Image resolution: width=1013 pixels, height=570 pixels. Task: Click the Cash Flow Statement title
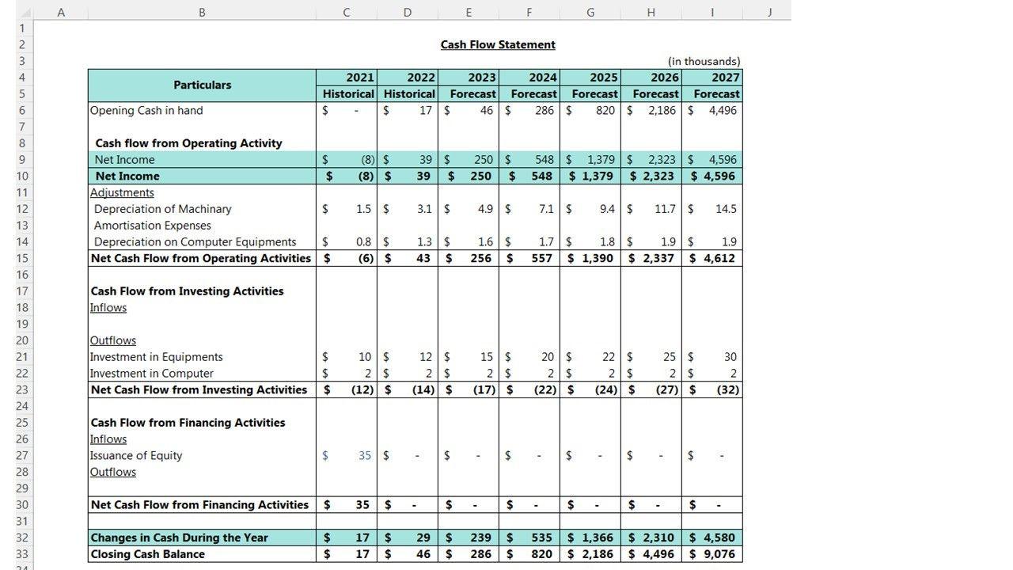pos(498,45)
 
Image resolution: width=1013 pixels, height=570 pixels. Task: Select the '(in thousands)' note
pos(704,61)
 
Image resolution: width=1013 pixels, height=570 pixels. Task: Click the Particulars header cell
pos(202,85)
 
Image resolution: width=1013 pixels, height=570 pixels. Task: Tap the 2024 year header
pos(542,78)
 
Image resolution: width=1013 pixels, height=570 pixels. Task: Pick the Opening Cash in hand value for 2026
pos(662,111)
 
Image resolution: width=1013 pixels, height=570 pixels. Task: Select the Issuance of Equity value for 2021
pos(364,456)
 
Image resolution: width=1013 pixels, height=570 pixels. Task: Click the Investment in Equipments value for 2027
pos(729,357)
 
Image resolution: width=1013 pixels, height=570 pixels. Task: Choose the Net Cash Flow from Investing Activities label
pos(199,389)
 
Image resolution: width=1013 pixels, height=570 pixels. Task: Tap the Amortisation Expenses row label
pos(152,226)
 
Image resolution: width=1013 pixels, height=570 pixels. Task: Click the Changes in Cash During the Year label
pos(180,538)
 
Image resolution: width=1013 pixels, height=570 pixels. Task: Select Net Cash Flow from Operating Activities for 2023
pos(480,258)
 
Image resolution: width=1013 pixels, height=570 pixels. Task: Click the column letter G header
pos(590,12)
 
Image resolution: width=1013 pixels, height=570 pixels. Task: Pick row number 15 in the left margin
pos(21,258)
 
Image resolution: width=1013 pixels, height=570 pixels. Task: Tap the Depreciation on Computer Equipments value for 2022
pos(423,242)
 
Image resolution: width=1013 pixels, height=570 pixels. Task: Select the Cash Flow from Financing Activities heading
pos(188,423)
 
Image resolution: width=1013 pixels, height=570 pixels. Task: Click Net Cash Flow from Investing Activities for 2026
pos(665,389)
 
